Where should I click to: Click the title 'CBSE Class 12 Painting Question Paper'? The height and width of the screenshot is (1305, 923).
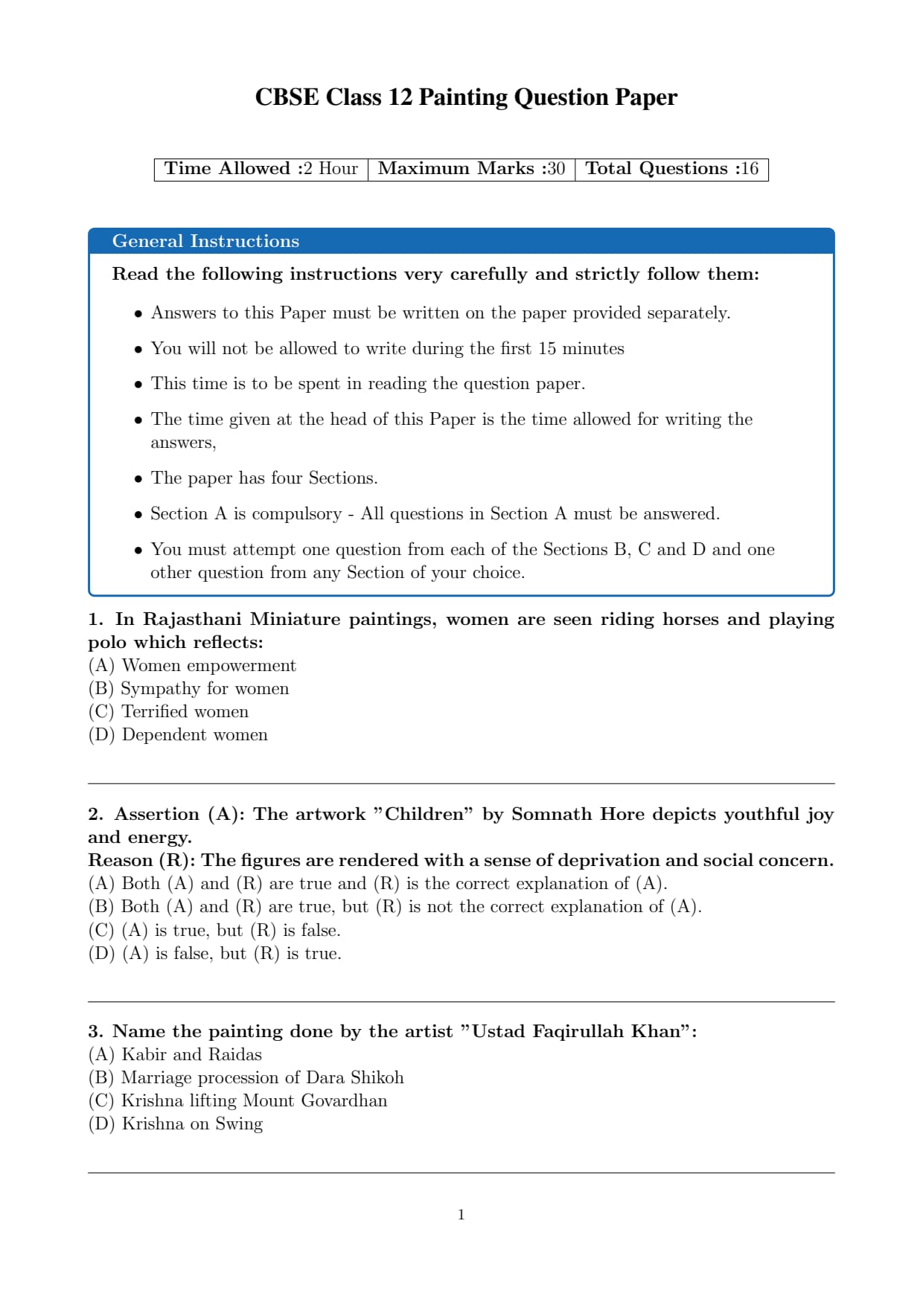[466, 97]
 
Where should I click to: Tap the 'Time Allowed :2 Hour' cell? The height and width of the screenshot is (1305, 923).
[261, 169]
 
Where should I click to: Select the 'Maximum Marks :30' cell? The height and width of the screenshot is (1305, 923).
[471, 169]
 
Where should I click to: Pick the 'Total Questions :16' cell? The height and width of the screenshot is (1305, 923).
[671, 169]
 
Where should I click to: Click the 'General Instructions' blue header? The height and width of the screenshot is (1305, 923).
[205, 241]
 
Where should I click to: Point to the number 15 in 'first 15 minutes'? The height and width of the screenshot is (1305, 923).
[547, 348]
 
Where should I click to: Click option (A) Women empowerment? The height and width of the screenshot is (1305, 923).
[192, 665]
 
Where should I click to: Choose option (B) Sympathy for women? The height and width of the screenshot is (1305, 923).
[188, 688]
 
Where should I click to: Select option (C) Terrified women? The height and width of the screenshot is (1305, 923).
[168, 711]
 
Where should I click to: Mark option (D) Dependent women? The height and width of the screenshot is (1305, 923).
[178, 734]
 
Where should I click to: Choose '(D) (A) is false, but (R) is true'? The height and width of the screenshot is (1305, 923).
[214, 953]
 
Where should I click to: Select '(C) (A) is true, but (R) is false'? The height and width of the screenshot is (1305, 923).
[214, 930]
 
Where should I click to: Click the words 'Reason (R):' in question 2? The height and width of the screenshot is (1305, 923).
[142, 860]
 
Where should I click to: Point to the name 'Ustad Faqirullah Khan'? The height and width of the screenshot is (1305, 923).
[576, 1031]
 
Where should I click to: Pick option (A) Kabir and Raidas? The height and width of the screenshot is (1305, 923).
[175, 1054]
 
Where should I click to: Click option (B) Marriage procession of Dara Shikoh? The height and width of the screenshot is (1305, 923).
[246, 1077]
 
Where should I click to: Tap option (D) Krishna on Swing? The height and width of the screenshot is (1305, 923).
[176, 1123]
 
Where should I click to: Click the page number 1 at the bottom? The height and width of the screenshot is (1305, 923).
[461, 1215]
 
